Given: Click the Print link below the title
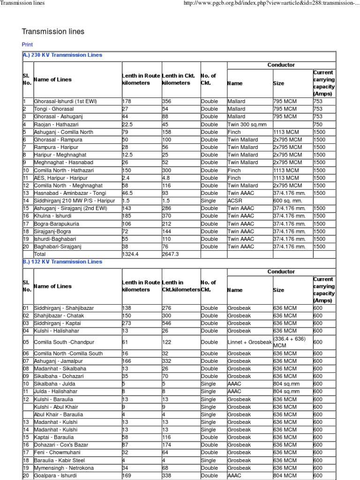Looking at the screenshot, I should coord(27,45).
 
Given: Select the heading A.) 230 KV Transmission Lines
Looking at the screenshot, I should coord(62,55).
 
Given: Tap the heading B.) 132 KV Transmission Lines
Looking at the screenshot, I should coord(62,262).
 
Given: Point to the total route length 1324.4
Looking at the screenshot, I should coord(131,254).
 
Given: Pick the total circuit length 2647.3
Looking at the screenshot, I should coord(171,254).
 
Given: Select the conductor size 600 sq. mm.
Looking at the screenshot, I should coord(288,201).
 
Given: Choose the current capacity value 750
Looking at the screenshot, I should coord(318,124).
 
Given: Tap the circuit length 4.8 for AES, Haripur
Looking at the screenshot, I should coord(166,178).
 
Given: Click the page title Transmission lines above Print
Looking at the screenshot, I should coord(53,31).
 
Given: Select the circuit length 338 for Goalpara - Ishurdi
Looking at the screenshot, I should coord(167,475).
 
